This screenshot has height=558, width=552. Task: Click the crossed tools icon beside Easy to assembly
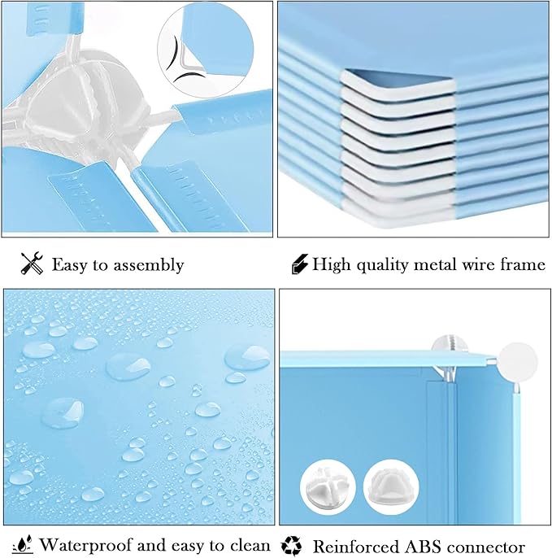[x=32, y=264]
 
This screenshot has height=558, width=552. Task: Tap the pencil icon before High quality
[x=299, y=264]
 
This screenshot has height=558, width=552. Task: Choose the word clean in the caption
[x=246, y=545]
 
